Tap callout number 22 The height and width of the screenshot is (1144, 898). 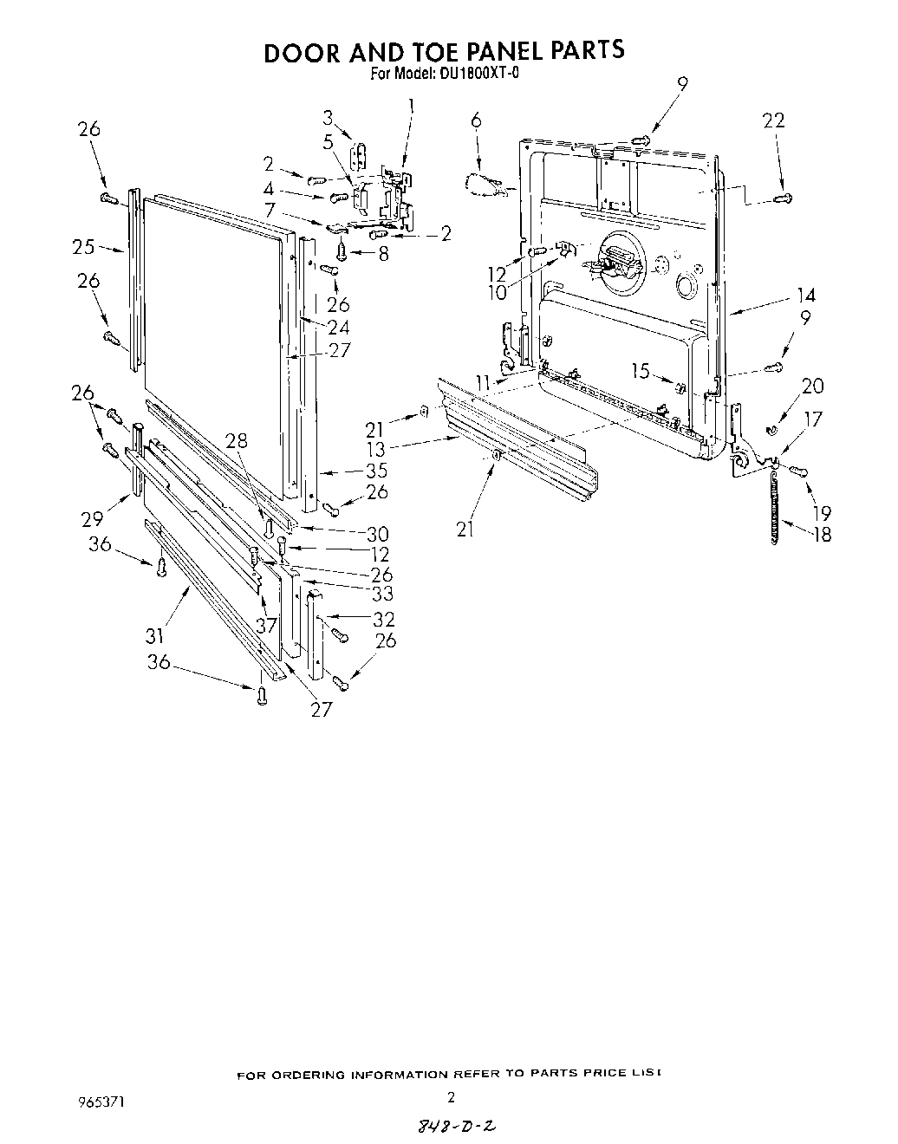(x=773, y=120)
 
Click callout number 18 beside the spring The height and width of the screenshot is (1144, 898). (x=820, y=534)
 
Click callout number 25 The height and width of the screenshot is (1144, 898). (x=83, y=247)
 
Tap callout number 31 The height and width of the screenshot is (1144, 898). (x=154, y=637)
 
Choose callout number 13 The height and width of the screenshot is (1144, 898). (x=377, y=449)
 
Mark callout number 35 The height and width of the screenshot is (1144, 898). (x=376, y=471)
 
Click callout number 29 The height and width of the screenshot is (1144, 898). (x=93, y=518)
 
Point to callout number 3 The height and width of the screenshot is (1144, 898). (x=328, y=117)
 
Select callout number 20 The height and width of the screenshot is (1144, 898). (x=813, y=386)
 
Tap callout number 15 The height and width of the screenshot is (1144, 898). (x=640, y=371)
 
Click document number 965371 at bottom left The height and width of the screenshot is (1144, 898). (x=99, y=1103)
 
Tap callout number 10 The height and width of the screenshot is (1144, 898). (x=497, y=292)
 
